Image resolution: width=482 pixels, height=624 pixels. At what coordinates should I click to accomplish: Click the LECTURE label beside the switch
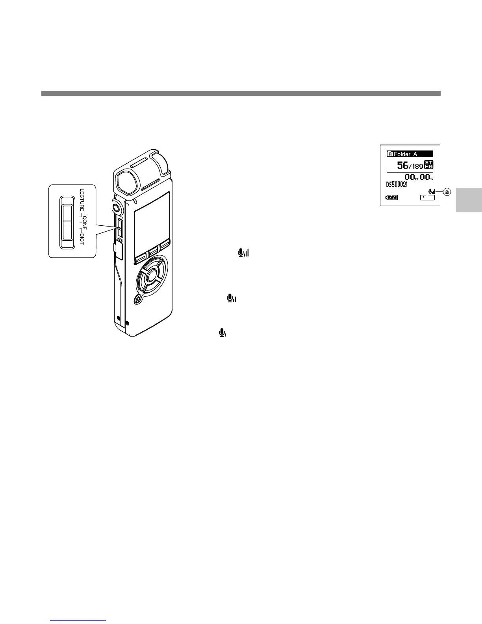82,202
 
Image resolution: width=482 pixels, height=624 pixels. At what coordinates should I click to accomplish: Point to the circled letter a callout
447,192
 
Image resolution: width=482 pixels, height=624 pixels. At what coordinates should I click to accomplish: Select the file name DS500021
397,184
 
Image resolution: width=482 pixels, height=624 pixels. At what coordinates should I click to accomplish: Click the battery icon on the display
392,197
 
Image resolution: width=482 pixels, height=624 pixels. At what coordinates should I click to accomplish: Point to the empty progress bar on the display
410,171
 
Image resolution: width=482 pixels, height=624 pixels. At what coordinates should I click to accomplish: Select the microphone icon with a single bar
222,333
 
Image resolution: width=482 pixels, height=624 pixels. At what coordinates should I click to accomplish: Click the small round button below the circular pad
138,299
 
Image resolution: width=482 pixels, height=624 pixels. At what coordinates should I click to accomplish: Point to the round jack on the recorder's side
116,206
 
